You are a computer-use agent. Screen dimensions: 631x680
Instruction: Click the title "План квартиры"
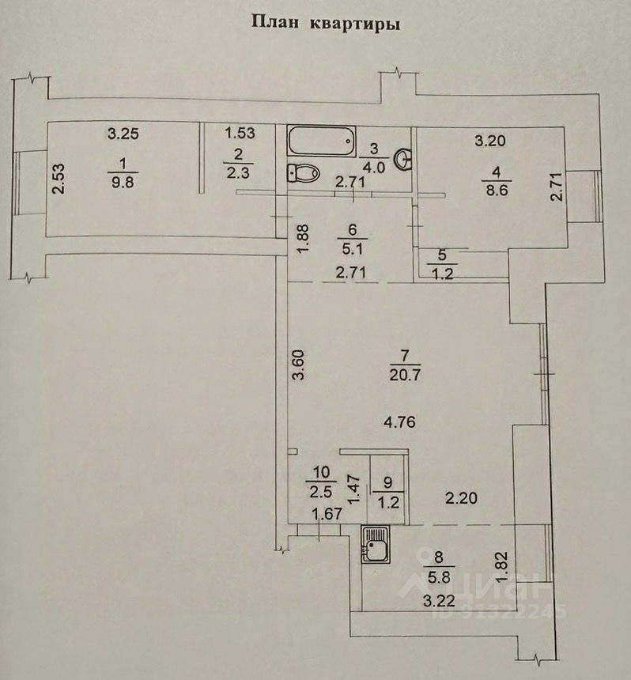[325, 23]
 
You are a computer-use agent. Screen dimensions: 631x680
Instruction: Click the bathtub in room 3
[320, 142]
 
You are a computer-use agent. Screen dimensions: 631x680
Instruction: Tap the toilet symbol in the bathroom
[300, 172]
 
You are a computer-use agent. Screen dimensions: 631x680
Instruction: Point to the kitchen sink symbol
[376, 545]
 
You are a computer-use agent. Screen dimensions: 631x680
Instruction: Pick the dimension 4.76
[399, 422]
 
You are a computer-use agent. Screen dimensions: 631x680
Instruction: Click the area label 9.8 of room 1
[121, 181]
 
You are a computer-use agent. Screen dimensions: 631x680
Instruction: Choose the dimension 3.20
[489, 142]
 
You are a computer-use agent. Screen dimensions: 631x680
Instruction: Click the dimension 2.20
[460, 498]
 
